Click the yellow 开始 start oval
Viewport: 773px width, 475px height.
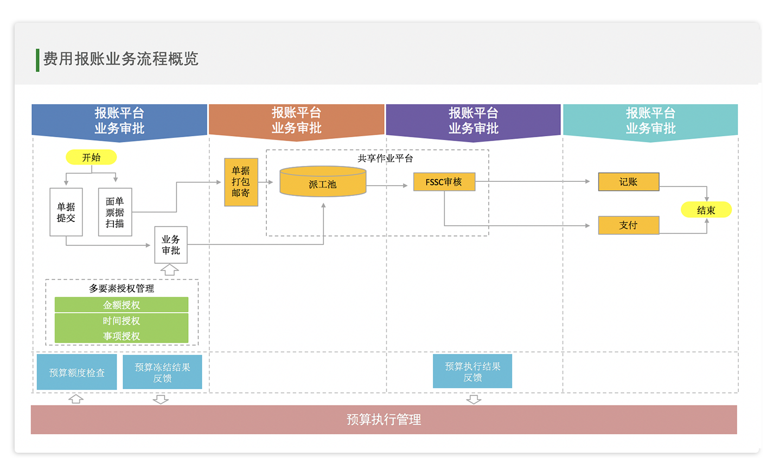pyautogui.click(x=91, y=157)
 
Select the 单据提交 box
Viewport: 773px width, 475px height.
pyautogui.click(x=66, y=212)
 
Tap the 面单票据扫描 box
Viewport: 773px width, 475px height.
pyautogui.click(x=115, y=212)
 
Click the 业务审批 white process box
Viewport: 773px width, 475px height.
pyautogui.click(x=171, y=245)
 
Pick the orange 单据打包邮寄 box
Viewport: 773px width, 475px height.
pyautogui.click(x=241, y=182)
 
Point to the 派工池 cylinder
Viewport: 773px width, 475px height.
pyautogui.click(x=323, y=182)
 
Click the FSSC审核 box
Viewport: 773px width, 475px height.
pyautogui.click(x=444, y=182)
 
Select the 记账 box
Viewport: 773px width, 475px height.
pyautogui.click(x=628, y=182)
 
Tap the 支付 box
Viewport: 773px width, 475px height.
pyautogui.click(x=628, y=225)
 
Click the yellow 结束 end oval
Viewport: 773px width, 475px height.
pyautogui.click(x=706, y=210)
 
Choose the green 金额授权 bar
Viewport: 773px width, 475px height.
pyautogui.click(x=122, y=305)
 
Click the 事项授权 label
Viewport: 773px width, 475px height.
pyautogui.click(x=122, y=336)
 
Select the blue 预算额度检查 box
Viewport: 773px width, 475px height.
pyautogui.click(x=76, y=372)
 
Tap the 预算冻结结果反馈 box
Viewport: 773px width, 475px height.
pyautogui.click(x=162, y=372)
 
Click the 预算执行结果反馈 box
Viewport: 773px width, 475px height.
pyautogui.click(x=472, y=371)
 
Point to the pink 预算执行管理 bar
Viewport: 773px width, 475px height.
pyautogui.click(x=384, y=420)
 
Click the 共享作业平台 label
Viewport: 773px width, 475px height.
pyautogui.click(x=385, y=159)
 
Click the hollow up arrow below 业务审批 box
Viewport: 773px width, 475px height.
pyautogui.click(x=169, y=270)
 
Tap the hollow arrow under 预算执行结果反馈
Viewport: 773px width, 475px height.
pyautogui.click(x=474, y=400)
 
